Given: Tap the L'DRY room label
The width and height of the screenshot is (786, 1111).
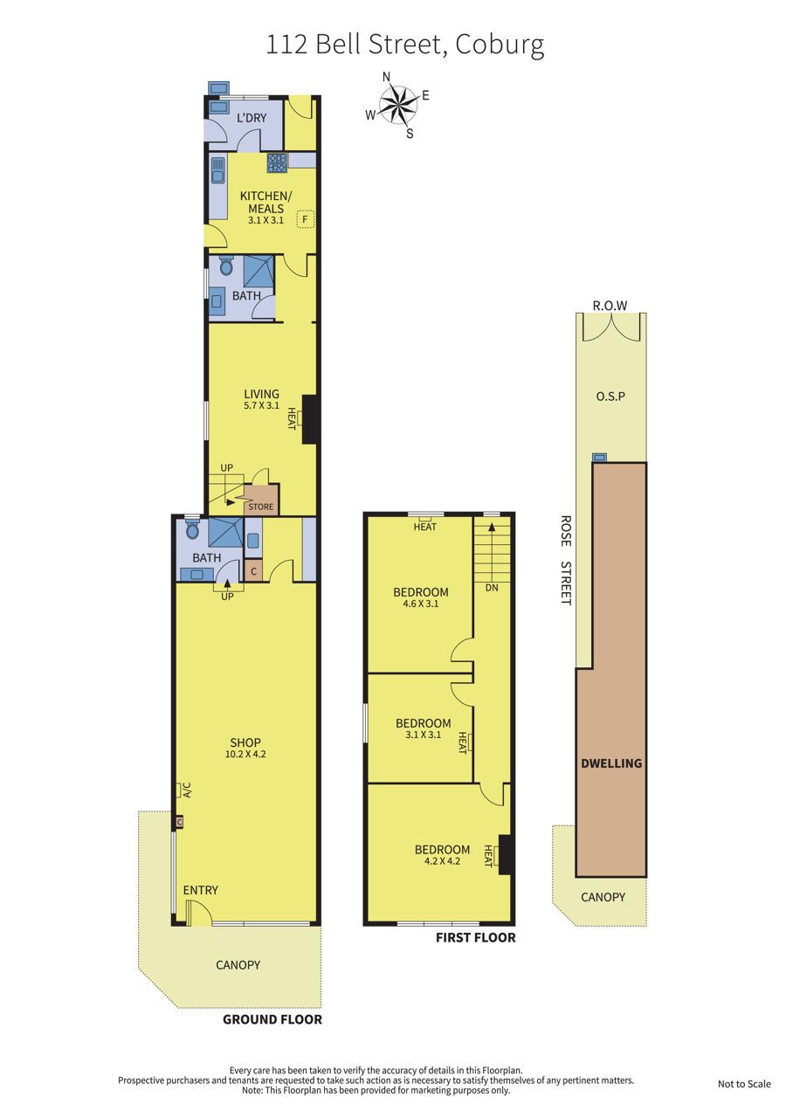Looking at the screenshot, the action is click(252, 118).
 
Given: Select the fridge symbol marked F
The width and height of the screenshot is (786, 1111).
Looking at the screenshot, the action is click(306, 218).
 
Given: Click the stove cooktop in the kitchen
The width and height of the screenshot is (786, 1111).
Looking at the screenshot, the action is click(277, 162).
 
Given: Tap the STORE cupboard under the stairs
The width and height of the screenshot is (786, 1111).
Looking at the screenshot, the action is click(261, 500).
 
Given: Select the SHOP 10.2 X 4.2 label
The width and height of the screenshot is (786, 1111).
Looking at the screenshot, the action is click(245, 748).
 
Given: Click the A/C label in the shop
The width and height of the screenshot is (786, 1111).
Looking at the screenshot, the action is click(188, 790).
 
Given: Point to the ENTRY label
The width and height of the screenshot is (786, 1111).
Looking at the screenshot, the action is click(200, 890).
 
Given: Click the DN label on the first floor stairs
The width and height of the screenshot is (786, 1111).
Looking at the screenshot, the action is click(492, 588).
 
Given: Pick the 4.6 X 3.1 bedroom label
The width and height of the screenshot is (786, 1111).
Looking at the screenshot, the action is click(421, 604).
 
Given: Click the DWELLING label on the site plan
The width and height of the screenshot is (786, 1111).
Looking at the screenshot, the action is click(611, 763).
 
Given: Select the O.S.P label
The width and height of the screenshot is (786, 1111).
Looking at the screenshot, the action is click(610, 397).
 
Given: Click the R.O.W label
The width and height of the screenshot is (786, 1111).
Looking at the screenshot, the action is click(610, 306).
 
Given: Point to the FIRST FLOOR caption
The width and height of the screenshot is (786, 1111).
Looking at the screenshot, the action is click(476, 937).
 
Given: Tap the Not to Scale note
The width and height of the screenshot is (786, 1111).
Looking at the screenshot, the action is click(744, 1084).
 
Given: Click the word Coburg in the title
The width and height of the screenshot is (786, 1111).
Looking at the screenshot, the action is click(500, 45).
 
